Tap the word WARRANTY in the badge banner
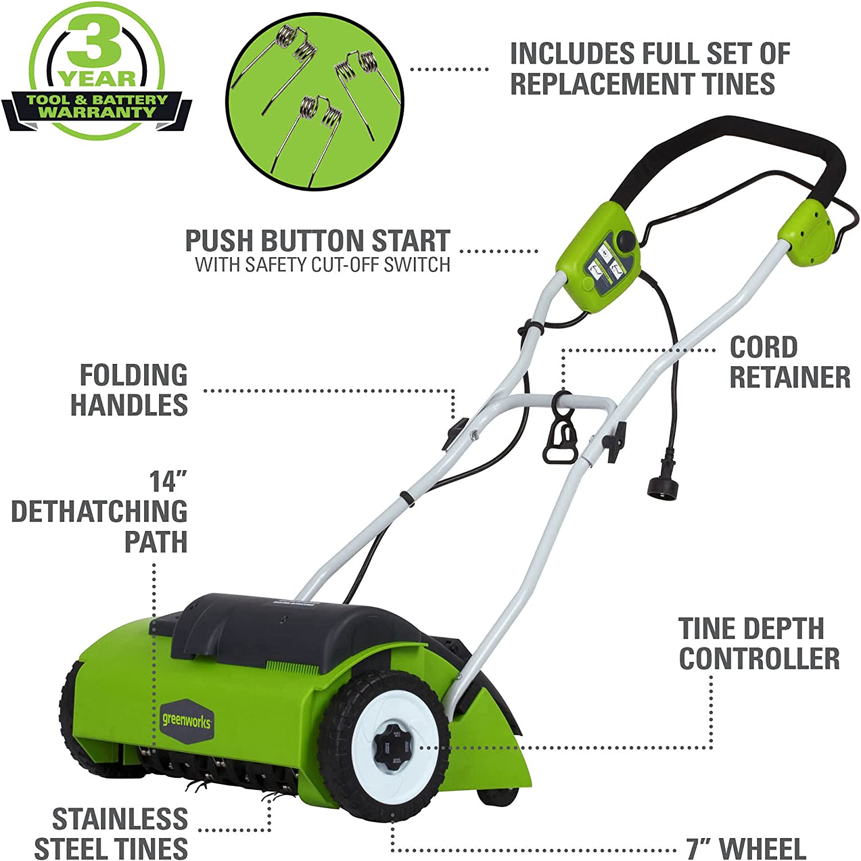coord(97,112)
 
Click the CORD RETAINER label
coord(789,362)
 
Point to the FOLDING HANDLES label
coord(130,390)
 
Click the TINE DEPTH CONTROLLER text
coord(758,643)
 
